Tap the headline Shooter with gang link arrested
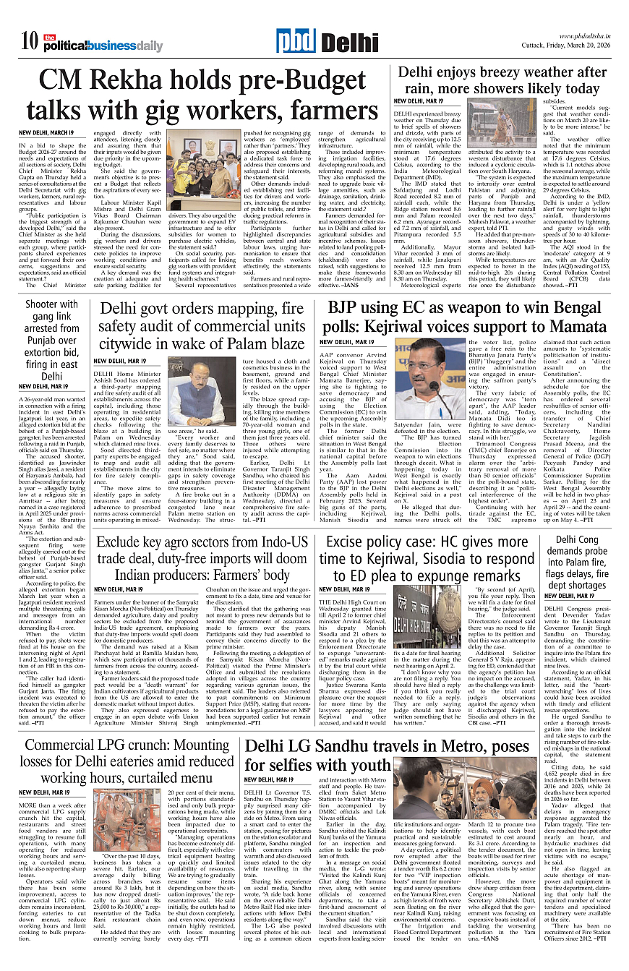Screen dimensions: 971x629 (x=51, y=341)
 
